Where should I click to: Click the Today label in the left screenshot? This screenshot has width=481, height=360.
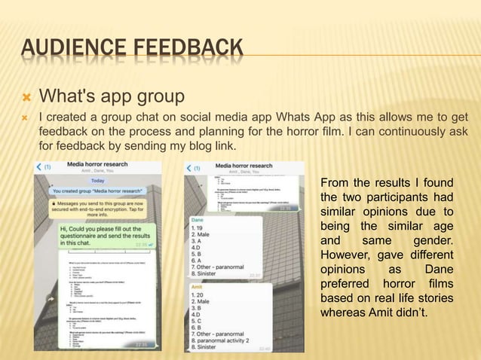pos(98,181)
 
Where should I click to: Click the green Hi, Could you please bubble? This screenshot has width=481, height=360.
pos(103,236)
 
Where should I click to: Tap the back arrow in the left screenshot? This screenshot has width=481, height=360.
pos(40,167)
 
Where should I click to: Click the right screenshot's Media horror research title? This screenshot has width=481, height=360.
pos(244,165)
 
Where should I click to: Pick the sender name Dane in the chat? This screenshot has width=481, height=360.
pos(199,218)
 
